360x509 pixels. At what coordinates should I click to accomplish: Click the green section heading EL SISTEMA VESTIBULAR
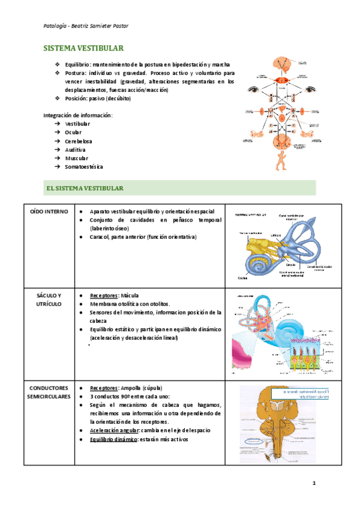[x=85, y=188]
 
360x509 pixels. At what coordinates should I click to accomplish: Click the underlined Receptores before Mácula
[x=103, y=296]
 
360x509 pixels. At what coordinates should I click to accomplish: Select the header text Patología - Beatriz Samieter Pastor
[x=86, y=26]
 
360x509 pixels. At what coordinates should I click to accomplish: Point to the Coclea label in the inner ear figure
[x=243, y=277]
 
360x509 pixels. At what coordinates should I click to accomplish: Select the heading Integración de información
[x=77, y=115]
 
